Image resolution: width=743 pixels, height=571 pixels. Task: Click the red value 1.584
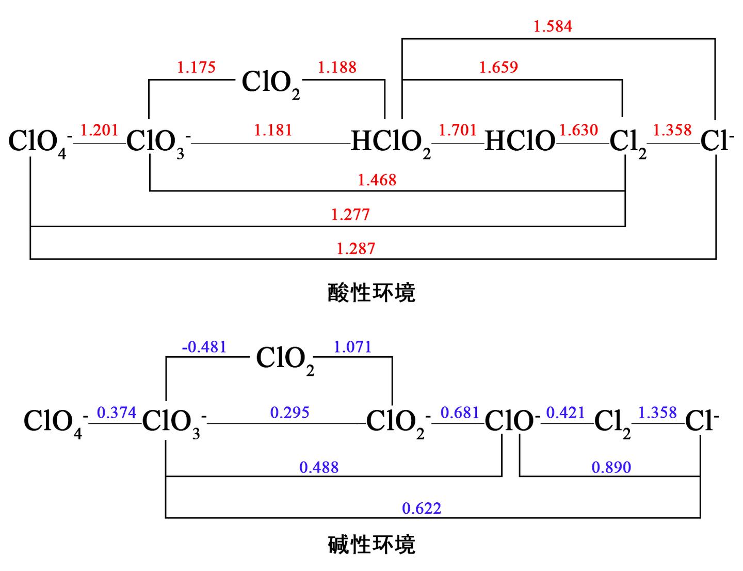coord(553,26)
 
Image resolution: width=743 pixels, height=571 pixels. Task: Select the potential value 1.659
coord(498,67)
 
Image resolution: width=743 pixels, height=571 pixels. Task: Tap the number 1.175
coord(196,67)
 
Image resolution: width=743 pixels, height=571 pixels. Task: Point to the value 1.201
coord(99,130)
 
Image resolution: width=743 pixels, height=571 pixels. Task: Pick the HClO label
coord(520,141)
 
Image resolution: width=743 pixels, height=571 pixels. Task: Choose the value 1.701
coord(458,130)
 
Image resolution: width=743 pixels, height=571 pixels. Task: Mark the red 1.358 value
coord(672,130)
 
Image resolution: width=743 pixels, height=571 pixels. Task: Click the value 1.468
coord(377,180)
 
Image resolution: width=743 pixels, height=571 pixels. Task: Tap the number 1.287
coord(356,249)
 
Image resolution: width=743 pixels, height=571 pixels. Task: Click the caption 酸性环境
coord(372,293)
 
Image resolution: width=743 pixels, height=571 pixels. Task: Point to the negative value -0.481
coord(204,347)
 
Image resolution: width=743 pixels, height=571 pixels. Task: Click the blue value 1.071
coord(352,347)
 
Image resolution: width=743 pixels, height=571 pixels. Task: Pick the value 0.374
coord(117,413)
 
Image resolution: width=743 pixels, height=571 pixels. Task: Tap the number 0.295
coord(289,413)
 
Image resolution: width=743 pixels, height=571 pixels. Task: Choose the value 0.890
coord(611,467)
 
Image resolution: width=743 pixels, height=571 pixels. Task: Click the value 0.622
coord(422,509)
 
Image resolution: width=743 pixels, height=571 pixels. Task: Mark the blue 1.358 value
coord(657,413)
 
